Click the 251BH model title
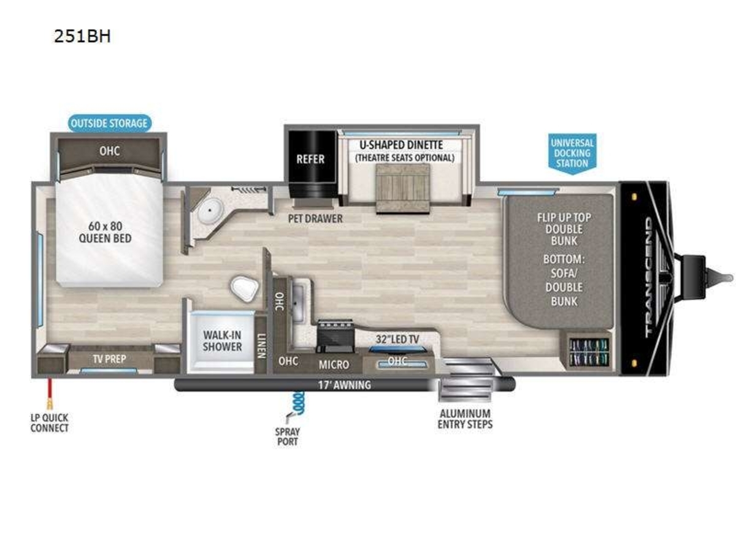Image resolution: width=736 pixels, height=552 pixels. click(x=82, y=36)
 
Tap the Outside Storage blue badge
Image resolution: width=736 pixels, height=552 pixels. click(x=109, y=123)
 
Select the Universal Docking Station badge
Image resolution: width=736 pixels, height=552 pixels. click(x=572, y=153)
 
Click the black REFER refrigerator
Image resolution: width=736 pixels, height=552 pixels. click(x=312, y=164)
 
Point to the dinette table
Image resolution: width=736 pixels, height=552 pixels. click(x=403, y=188)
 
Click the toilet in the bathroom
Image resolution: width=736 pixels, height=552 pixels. click(x=244, y=288)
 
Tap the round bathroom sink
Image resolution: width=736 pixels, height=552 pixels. click(x=210, y=210)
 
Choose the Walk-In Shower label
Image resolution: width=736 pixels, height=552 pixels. click(x=222, y=341)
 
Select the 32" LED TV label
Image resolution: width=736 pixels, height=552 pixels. click(x=397, y=339)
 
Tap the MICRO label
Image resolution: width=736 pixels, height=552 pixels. click(x=334, y=365)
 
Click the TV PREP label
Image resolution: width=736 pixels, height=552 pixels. click(x=110, y=359)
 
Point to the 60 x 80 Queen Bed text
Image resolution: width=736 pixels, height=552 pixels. click(x=105, y=232)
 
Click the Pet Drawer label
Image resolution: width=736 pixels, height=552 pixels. click(x=315, y=219)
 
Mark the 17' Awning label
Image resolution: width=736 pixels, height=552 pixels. click(x=345, y=385)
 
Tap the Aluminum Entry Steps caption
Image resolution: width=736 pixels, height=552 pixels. click(x=465, y=419)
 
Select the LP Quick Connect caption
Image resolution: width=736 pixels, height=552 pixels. click(x=49, y=423)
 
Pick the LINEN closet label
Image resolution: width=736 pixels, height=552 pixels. click(x=261, y=346)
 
